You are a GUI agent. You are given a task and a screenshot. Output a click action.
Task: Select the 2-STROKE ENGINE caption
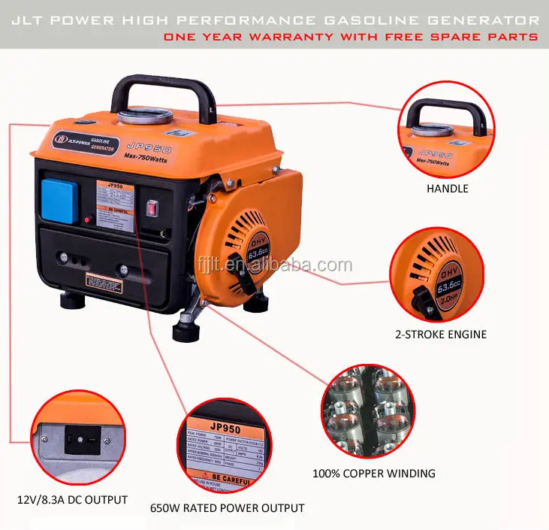click(x=441, y=334)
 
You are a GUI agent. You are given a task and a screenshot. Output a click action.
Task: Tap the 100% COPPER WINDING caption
click(x=373, y=474)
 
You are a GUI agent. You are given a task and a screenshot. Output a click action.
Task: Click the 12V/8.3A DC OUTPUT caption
click(x=72, y=499)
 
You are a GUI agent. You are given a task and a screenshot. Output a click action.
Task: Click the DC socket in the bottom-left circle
click(x=83, y=441)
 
